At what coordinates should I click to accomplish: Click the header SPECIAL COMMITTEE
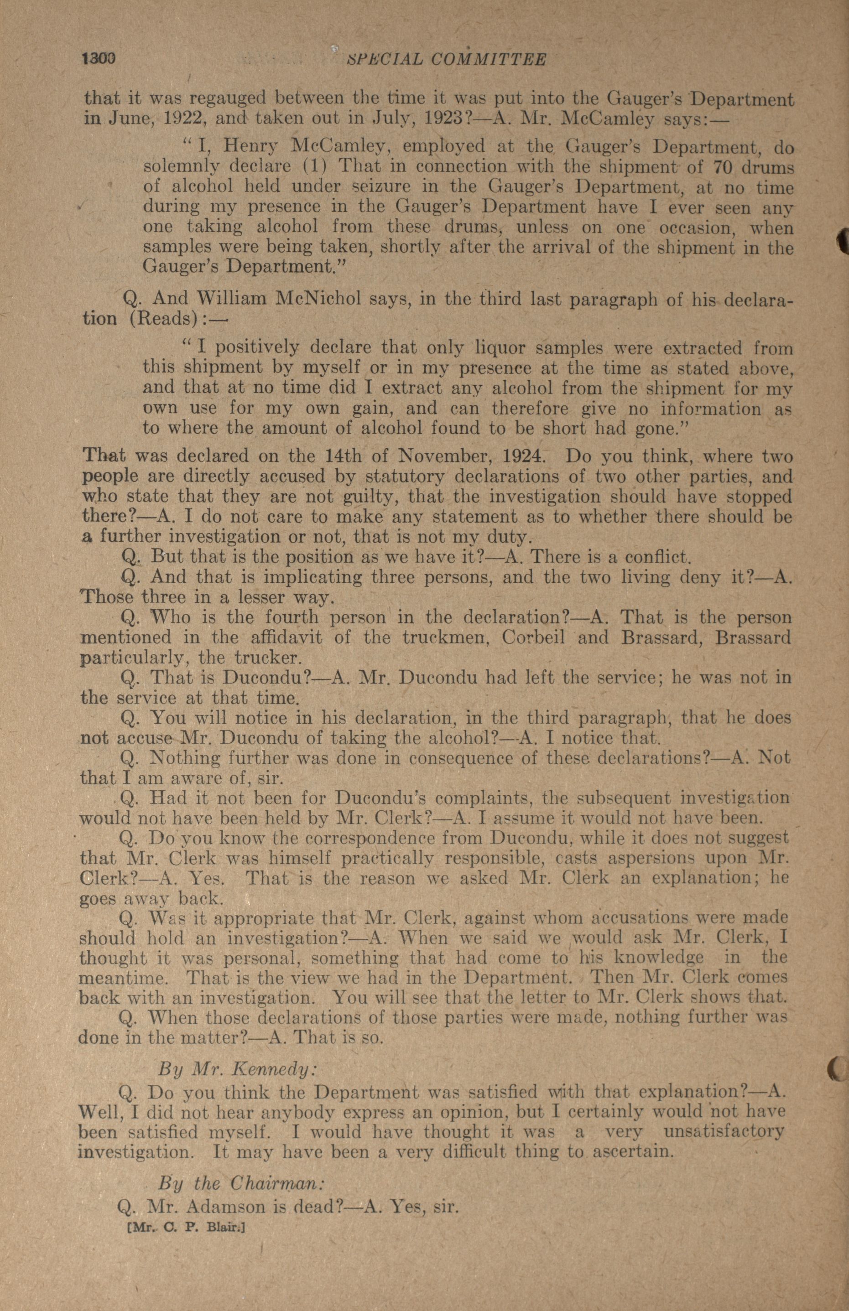(446, 59)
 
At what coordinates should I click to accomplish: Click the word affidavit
(286, 638)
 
